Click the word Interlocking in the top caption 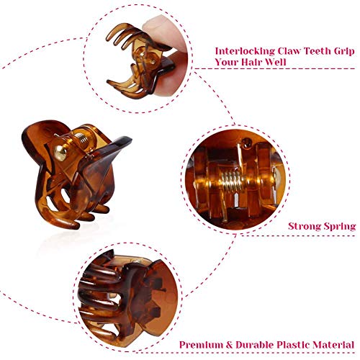click(x=245, y=51)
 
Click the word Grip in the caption click(x=346, y=52)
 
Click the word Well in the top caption click(x=276, y=62)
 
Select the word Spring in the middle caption click(x=340, y=227)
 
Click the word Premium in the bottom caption click(x=202, y=345)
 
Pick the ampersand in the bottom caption click(x=230, y=345)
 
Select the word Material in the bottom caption click(x=334, y=345)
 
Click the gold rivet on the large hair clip click(x=60, y=153)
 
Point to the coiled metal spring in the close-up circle click(x=232, y=181)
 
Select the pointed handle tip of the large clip click(x=128, y=139)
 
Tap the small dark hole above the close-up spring click(x=246, y=143)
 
